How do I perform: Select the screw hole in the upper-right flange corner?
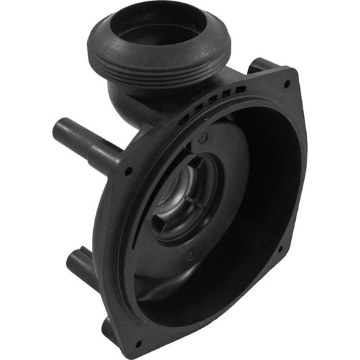pos(286,84)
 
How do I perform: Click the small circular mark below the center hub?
pos(192,255)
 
